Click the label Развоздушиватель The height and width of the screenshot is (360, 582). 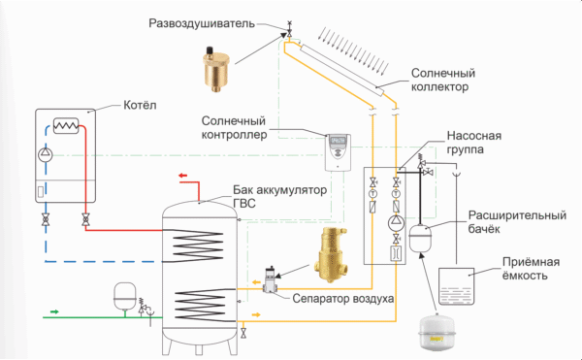202,23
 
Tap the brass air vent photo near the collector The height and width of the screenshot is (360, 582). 215,69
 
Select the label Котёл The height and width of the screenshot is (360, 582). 140,105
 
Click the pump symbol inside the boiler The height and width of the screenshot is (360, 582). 46,154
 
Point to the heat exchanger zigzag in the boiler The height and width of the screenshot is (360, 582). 66,126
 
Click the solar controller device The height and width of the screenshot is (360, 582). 338,152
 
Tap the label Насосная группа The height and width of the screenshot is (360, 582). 474,142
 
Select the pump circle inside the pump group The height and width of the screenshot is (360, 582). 396,223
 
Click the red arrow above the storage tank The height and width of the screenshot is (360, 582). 183,176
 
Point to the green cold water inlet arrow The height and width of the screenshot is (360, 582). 54,311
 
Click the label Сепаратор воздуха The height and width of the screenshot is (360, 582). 343,299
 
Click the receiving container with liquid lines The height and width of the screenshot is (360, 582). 457,286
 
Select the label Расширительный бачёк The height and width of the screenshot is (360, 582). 517,222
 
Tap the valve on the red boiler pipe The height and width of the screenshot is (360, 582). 85,220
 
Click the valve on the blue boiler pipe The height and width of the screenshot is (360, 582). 46,220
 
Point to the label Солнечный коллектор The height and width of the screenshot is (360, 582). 443,80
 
